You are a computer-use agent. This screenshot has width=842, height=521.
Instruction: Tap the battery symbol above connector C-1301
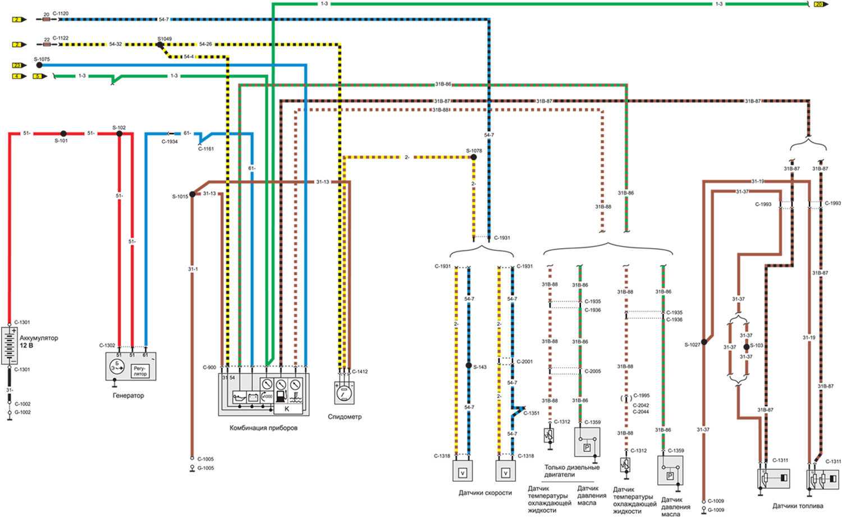point(9,345)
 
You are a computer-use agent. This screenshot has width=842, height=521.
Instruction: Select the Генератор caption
point(128,395)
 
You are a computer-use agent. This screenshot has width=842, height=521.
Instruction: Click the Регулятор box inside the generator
point(140,371)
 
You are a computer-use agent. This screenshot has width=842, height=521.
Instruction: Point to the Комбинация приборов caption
point(263,428)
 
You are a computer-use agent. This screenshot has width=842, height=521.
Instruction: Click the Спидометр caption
point(345,417)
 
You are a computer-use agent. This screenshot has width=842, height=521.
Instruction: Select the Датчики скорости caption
point(485,493)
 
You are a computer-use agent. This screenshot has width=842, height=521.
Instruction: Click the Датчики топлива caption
point(797,506)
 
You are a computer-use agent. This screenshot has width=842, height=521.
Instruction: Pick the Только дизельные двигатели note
point(571,470)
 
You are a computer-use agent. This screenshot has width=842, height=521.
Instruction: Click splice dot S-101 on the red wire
point(63,134)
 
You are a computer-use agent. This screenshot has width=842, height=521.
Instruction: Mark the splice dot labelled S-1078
point(473,157)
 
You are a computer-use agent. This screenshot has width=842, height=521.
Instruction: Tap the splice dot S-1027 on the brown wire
point(703,342)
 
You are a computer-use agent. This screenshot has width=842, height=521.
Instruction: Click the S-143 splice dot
point(469,365)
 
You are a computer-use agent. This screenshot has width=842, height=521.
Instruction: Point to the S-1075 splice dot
point(39,65)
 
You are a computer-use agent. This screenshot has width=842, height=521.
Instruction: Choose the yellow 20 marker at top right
point(818,4)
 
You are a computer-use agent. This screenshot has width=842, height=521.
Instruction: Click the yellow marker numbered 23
point(16,65)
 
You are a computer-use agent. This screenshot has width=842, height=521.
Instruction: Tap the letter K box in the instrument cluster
point(287,409)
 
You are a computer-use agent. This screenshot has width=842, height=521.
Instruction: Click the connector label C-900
point(209,368)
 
